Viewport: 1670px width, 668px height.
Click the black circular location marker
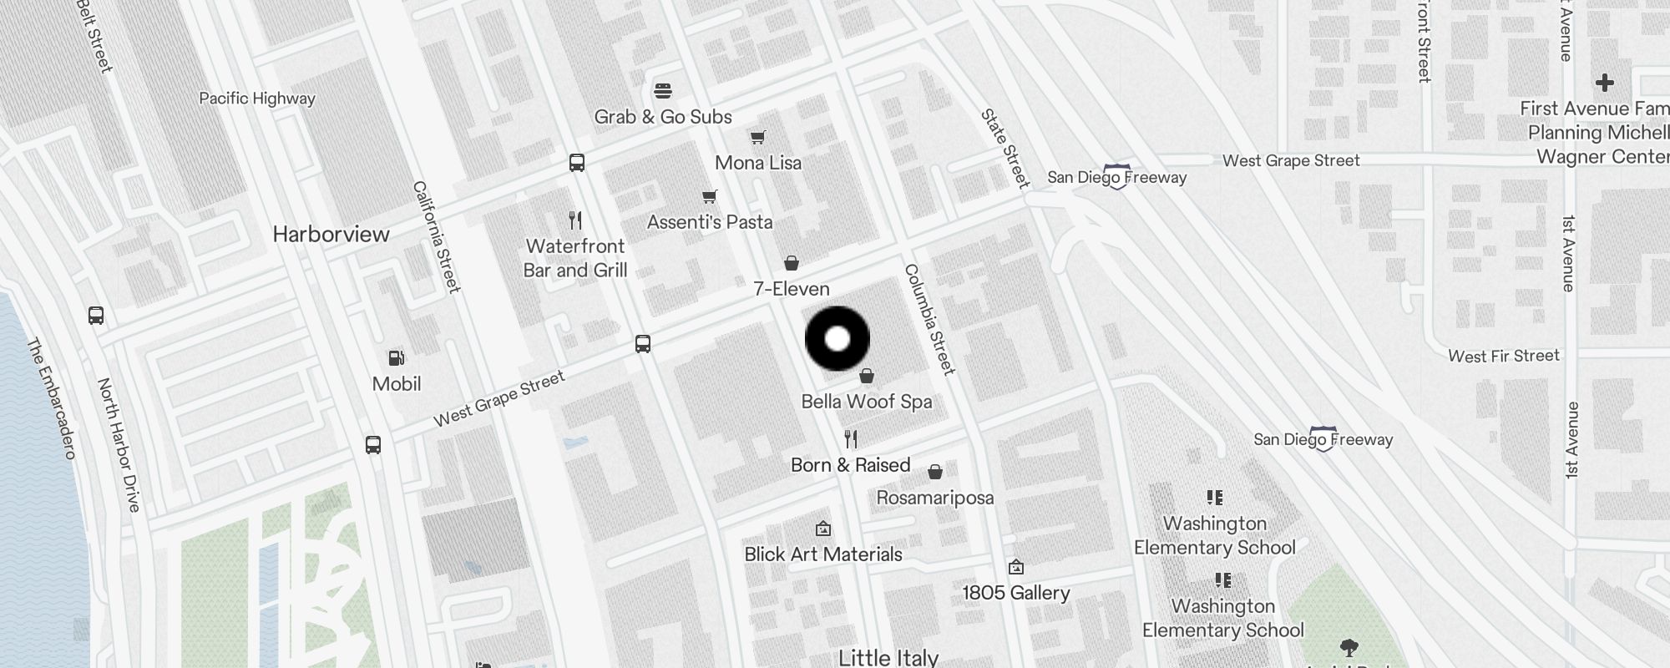[x=838, y=339]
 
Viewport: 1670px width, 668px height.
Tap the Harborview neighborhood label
[x=331, y=235]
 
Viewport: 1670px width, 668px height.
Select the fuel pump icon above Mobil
[x=397, y=358]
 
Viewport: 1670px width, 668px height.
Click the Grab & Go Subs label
[x=663, y=117]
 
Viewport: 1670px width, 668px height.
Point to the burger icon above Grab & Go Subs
[x=663, y=90]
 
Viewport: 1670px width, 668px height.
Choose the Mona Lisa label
[x=758, y=163]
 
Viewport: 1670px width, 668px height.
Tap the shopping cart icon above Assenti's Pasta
[x=710, y=196]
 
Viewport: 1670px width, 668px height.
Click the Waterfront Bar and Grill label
[x=575, y=258]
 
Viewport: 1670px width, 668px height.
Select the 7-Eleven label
[x=792, y=289]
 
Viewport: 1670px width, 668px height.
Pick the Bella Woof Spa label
[x=867, y=402]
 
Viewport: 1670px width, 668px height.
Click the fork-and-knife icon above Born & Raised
[x=851, y=438]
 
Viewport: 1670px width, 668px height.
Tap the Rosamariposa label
[x=935, y=498]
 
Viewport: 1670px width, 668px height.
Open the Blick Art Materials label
[x=823, y=554]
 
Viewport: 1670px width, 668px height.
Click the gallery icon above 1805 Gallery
[x=1016, y=568]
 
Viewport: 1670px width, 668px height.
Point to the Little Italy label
[x=888, y=658]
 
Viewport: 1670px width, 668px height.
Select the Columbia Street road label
[x=929, y=319]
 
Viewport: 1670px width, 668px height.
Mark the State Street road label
[x=1005, y=148]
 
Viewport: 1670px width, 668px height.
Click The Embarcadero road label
[x=52, y=397]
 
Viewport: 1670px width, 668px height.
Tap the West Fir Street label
[x=1504, y=357]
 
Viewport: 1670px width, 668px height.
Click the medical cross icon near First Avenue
[x=1604, y=83]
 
